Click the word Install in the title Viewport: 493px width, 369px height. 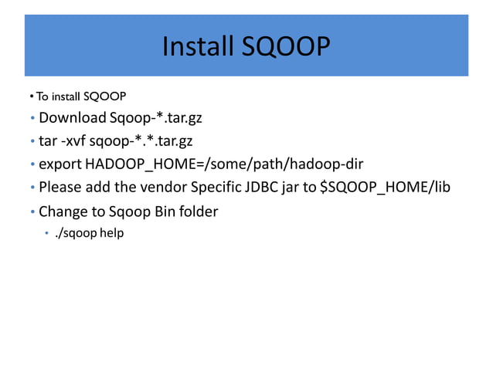tap(196, 48)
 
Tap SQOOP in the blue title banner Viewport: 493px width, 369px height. tap(286, 48)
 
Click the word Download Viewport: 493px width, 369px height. tap(72, 118)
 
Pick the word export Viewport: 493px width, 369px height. tap(60, 164)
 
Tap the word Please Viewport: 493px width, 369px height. tap(59, 187)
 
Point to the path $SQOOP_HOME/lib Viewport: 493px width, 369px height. tap(385, 187)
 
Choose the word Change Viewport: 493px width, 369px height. tap(63, 211)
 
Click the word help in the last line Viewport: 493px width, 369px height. tap(111, 232)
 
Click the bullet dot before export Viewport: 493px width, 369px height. tap(32, 165)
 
